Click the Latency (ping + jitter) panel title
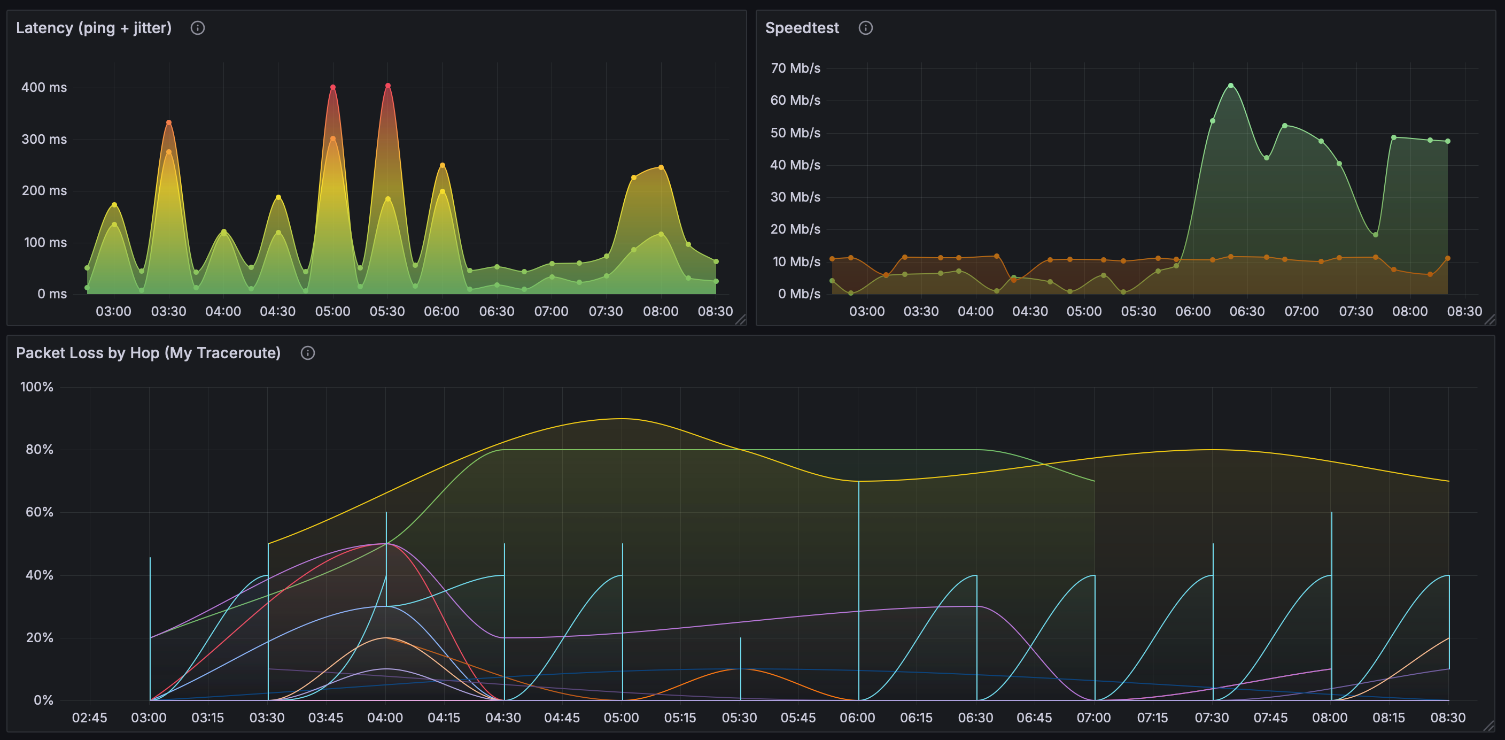click(94, 28)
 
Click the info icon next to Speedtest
click(865, 28)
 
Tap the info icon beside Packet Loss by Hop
click(307, 353)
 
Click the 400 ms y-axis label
click(44, 88)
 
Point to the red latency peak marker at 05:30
click(388, 86)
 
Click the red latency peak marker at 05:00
click(333, 88)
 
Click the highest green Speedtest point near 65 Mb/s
click(1230, 86)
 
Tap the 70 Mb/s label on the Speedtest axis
click(795, 68)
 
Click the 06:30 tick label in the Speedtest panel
click(1247, 312)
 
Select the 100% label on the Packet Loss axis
click(37, 387)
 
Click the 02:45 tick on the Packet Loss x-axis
click(89, 718)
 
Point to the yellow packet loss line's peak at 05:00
click(622, 419)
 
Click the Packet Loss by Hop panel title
click(149, 353)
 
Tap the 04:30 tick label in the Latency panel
click(277, 312)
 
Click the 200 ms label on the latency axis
click(44, 191)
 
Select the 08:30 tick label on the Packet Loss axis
click(1448, 718)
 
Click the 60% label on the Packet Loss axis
click(39, 513)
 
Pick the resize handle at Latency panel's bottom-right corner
click(740, 319)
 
